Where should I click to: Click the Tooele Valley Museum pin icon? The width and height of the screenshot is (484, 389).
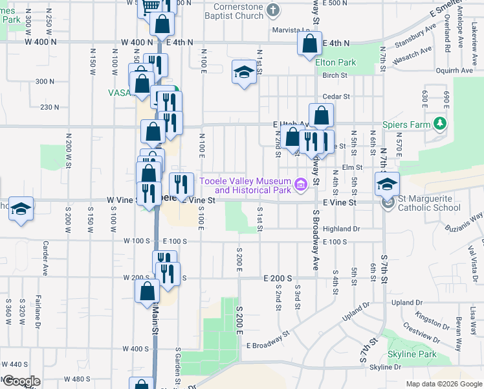(x=300, y=185)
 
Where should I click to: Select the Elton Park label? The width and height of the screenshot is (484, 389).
(x=336, y=63)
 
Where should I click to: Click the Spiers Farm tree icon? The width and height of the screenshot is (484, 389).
(x=440, y=123)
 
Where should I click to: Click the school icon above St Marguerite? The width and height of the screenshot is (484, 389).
(x=386, y=185)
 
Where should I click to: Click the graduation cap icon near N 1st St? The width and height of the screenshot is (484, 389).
(x=243, y=73)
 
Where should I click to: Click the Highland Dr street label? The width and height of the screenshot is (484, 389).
(x=340, y=229)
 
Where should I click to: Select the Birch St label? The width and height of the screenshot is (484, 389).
(x=335, y=75)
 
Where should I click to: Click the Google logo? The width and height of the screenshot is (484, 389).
(x=22, y=382)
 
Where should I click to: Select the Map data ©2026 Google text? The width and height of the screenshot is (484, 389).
(x=443, y=384)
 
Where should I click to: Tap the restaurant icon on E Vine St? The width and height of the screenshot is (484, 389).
(x=181, y=185)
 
